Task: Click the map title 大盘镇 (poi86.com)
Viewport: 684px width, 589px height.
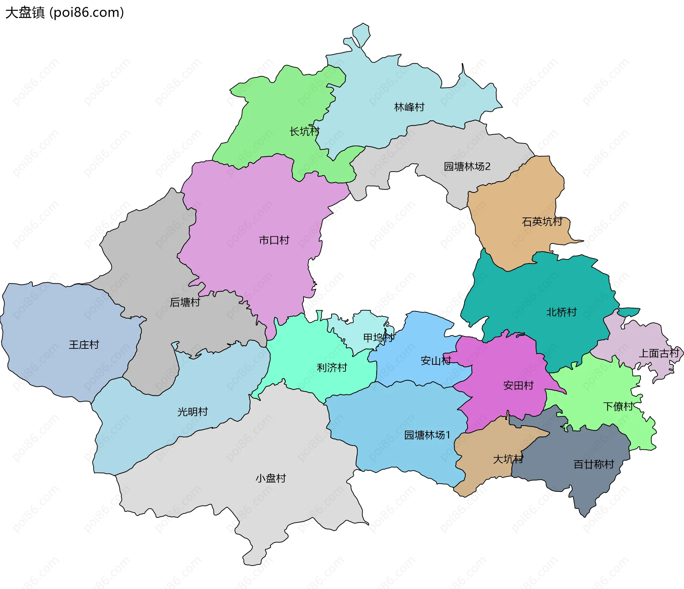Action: pyautogui.click(x=64, y=13)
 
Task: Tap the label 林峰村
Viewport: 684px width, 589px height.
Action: pyautogui.click(x=409, y=107)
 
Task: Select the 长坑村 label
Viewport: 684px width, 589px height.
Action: pyautogui.click(x=304, y=132)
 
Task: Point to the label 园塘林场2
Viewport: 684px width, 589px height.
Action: pyautogui.click(x=467, y=167)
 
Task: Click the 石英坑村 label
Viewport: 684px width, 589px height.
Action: pyautogui.click(x=542, y=222)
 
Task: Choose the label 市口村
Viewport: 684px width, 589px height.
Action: pyautogui.click(x=274, y=241)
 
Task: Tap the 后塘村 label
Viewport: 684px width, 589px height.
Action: pyautogui.click(x=185, y=303)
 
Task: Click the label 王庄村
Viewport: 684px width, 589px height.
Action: pyautogui.click(x=84, y=345)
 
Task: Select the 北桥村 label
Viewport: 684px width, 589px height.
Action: pyautogui.click(x=561, y=312)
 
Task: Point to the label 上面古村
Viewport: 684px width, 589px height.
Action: pyautogui.click(x=659, y=353)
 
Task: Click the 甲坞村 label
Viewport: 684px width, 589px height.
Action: pyautogui.click(x=378, y=338)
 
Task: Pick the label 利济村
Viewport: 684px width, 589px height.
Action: pyautogui.click(x=332, y=368)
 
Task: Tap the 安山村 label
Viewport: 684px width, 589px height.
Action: pyautogui.click(x=436, y=361)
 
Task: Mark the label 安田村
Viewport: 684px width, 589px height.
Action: pyautogui.click(x=518, y=386)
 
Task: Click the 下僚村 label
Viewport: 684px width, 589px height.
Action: pyautogui.click(x=618, y=406)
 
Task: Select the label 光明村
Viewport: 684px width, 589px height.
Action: pyautogui.click(x=193, y=412)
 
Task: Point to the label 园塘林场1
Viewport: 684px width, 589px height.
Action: pyautogui.click(x=427, y=435)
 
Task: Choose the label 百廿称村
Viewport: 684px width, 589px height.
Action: pyautogui.click(x=594, y=464)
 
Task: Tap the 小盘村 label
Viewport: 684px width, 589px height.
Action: pyautogui.click(x=271, y=478)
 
